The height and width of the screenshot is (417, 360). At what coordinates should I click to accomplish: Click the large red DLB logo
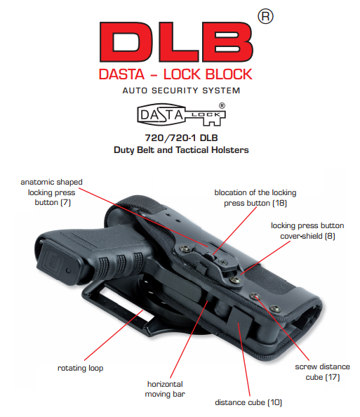pyautogui.click(x=176, y=42)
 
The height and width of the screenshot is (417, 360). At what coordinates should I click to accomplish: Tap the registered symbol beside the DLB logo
pyautogui.click(x=265, y=16)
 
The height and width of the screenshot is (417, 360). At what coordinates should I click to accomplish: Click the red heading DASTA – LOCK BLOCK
pyautogui.click(x=175, y=74)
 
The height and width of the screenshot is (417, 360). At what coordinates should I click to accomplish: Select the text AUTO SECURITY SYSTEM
pyautogui.click(x=181, y=91)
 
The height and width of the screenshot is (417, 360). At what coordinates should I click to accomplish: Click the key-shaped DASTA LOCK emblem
pyautogui.click(x=181, y=114)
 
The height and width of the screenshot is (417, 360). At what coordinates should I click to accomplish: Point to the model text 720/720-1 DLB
pyautogui.click(x=181, y=138)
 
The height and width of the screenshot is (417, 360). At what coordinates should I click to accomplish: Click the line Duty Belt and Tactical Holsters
pyautogui.click(x=181, y=150)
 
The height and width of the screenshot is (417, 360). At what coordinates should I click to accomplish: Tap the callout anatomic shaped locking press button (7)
pyautogui.click(x=52, y=192)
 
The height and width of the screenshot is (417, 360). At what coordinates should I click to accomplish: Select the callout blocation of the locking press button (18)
pyautogui.click(x=255, y=197)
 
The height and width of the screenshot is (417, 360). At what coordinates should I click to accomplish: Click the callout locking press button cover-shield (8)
pyautogui.click(x=307, y=230)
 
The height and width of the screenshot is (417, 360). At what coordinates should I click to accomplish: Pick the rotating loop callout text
pyautogui.click(x=80, y=368)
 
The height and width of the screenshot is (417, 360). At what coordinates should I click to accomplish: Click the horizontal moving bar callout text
pyautogui.click(x=165, y=389)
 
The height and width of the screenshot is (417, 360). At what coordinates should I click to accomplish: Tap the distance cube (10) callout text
pyautogui.click(x=248, y=402)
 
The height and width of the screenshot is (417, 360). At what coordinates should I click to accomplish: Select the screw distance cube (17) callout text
pyautogui.click(x=323, y=372)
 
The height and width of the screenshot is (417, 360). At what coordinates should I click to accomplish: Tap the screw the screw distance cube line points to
pyautogui.click(x=255, y=296)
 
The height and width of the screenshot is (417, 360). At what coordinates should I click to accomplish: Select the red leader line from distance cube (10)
pyautogui.click(x=244, y=359)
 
